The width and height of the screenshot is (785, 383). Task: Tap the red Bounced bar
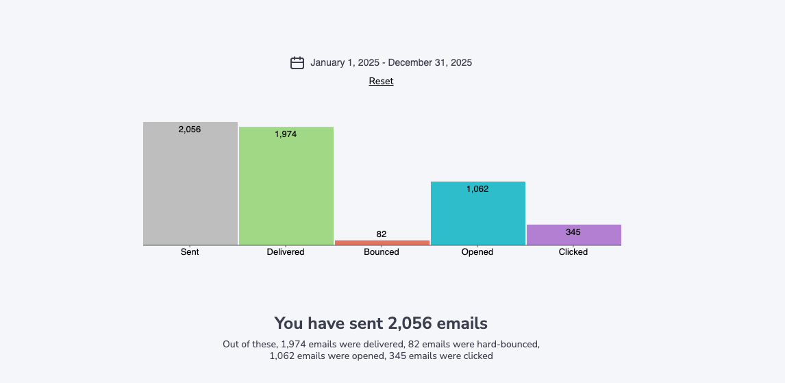(382, 243)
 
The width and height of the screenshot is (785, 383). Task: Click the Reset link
(381, 81)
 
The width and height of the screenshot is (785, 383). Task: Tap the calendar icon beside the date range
(297, 63)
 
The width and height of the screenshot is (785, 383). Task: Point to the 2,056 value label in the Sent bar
(190, 129)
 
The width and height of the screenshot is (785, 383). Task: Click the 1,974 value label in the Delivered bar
(286, 134)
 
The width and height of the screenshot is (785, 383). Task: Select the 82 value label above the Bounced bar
(382, 234)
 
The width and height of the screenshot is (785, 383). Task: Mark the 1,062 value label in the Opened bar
(477, 189)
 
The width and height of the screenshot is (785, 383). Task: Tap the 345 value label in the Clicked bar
(573, 232)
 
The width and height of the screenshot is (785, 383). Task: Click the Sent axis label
(190, 252)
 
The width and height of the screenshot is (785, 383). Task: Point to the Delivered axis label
(286, 252)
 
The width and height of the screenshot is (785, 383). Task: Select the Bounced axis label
(382, 252)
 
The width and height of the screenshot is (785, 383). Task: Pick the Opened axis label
(477, 252)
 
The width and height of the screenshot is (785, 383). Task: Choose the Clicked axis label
(573, 252)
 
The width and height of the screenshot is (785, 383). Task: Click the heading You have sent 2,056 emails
(381, 323)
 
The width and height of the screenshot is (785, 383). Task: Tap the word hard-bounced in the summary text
(512, 344)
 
